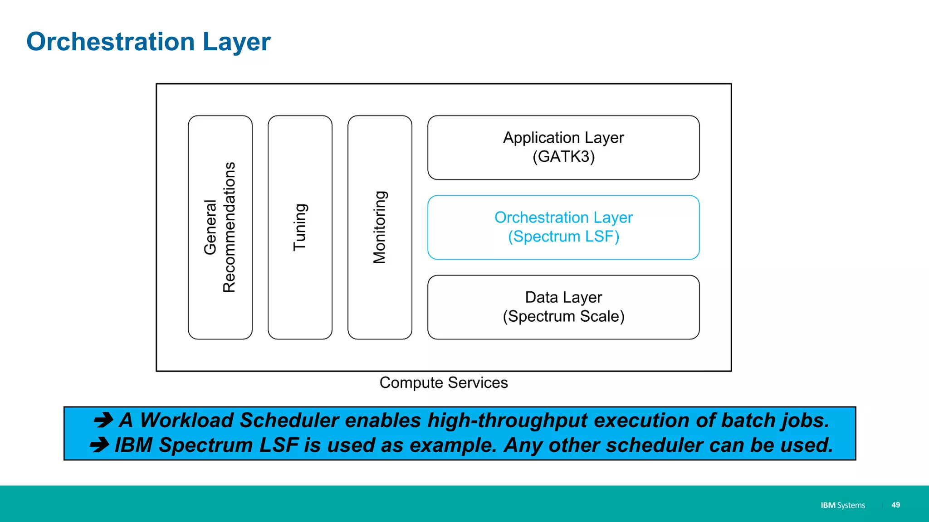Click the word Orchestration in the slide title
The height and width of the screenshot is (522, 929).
point(111,42)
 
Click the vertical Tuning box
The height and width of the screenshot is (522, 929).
point(300,227)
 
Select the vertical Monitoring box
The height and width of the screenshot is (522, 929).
point(380,227)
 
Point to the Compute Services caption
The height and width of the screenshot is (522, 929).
point(443,382)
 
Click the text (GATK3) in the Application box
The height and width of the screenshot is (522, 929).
point(563,157)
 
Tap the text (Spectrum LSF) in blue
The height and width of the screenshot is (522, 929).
point(563,237)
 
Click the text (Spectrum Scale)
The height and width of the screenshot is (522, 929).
point(563,316)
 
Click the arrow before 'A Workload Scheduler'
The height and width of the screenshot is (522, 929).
point(103,420)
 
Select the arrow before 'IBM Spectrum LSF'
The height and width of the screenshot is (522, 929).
point(99,445)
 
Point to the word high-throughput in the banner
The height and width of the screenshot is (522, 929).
point(508,420)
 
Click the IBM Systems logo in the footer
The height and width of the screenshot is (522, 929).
point(842,505)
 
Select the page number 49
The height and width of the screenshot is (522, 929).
point(895,505)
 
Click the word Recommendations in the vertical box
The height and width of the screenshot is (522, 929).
point(230,227)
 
